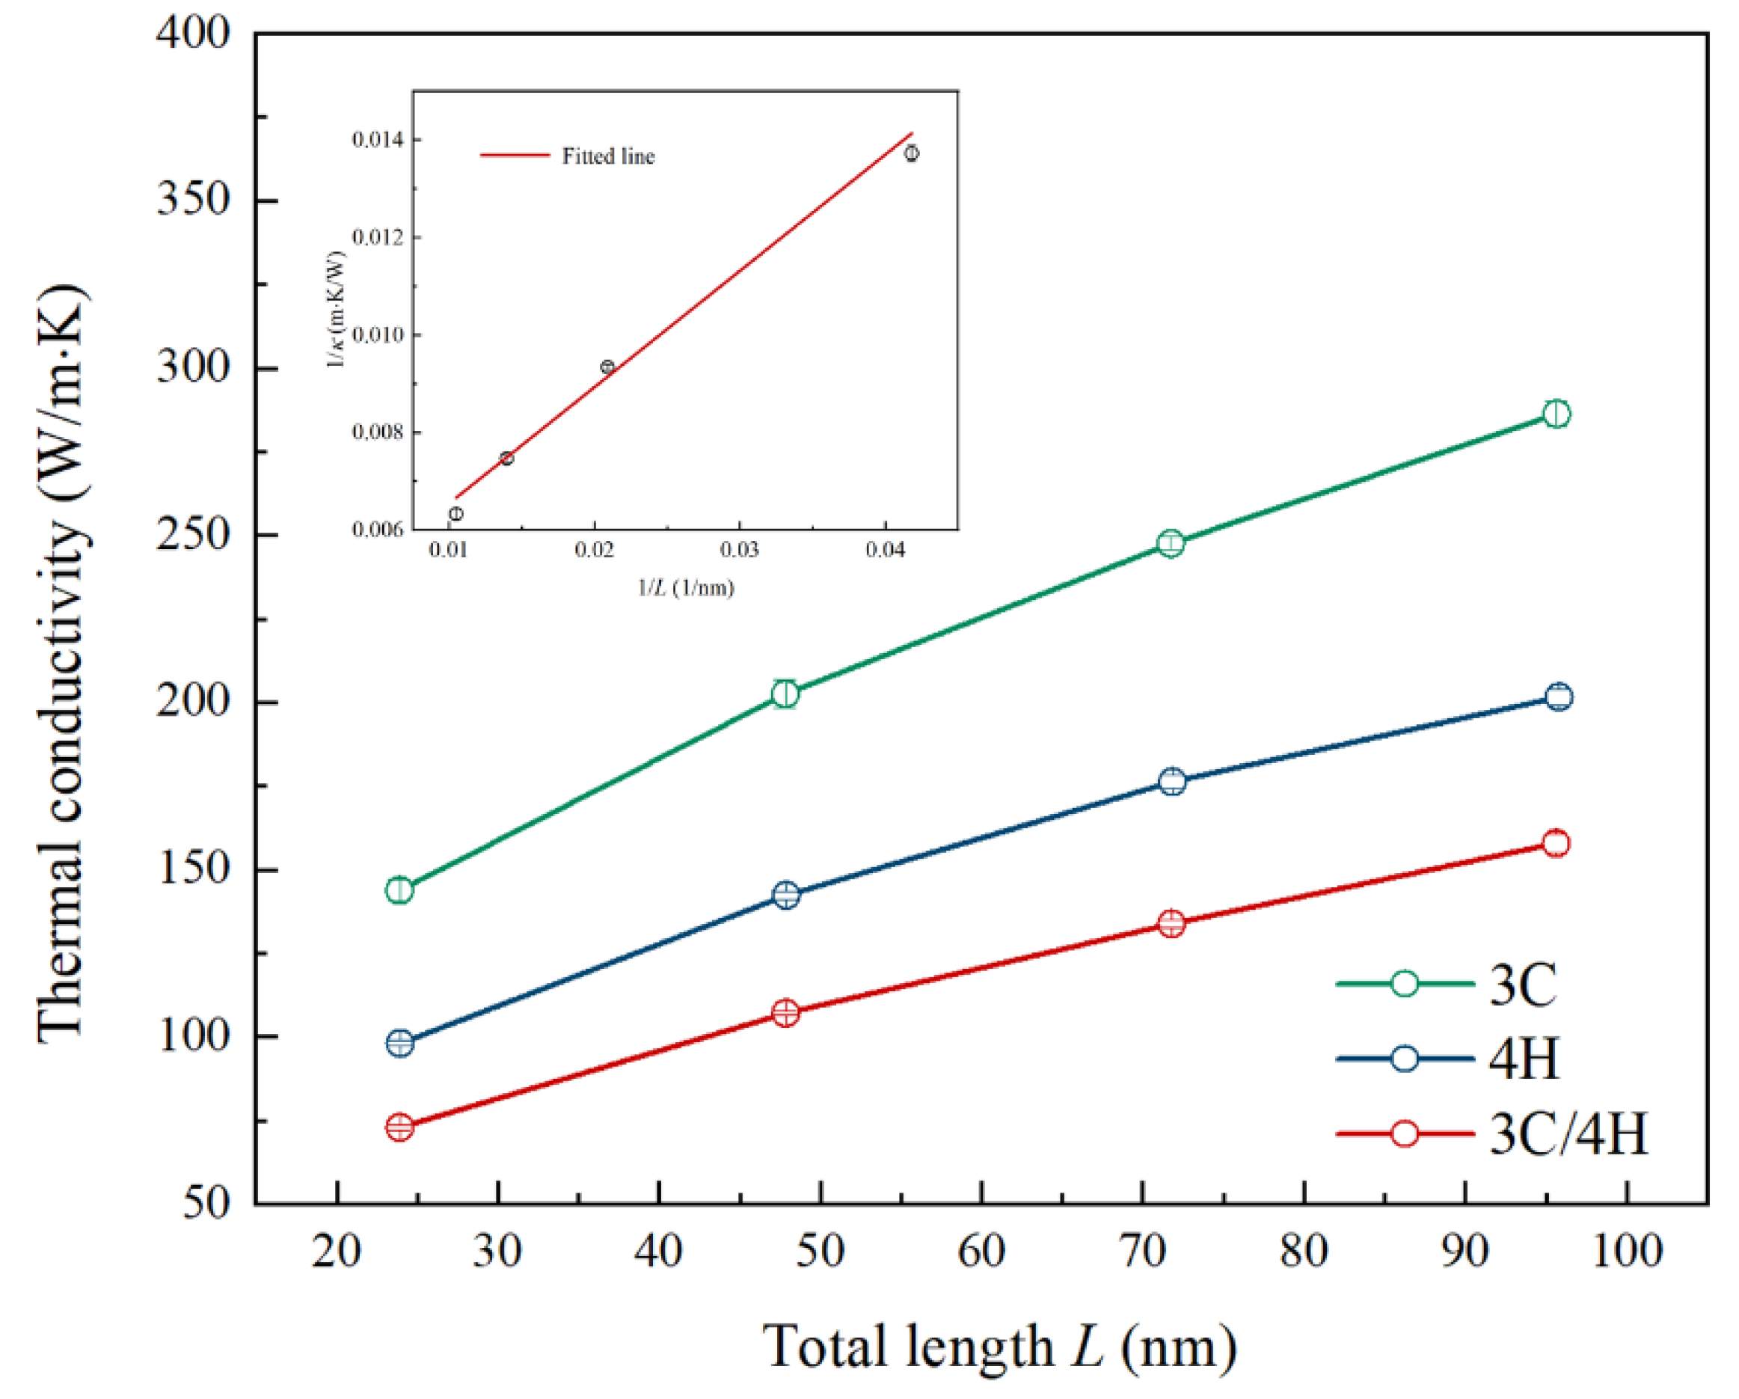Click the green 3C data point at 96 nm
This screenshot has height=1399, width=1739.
click(x=1556, y=414)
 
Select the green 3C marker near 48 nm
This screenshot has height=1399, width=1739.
click(x=785, y=694)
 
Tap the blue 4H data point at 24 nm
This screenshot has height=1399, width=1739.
click(x=400, y=1043)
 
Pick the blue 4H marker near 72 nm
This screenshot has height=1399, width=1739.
click(x=1173, y=781)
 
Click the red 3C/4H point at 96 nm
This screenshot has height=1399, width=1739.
click(x=1556, y=844)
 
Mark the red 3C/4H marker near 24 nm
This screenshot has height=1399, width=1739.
click(x=400, y=1127)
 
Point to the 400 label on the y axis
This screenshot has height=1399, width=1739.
click(x=193, y=34)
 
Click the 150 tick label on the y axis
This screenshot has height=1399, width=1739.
click(x=193, y=870)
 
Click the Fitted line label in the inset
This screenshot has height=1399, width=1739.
click(x=607, y=156)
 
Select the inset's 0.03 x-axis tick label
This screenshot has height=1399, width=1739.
click(x=739, y=550)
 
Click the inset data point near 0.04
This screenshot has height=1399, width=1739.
click(x=910, y=153)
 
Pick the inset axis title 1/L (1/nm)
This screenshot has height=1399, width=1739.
click(x=686, y=587)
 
